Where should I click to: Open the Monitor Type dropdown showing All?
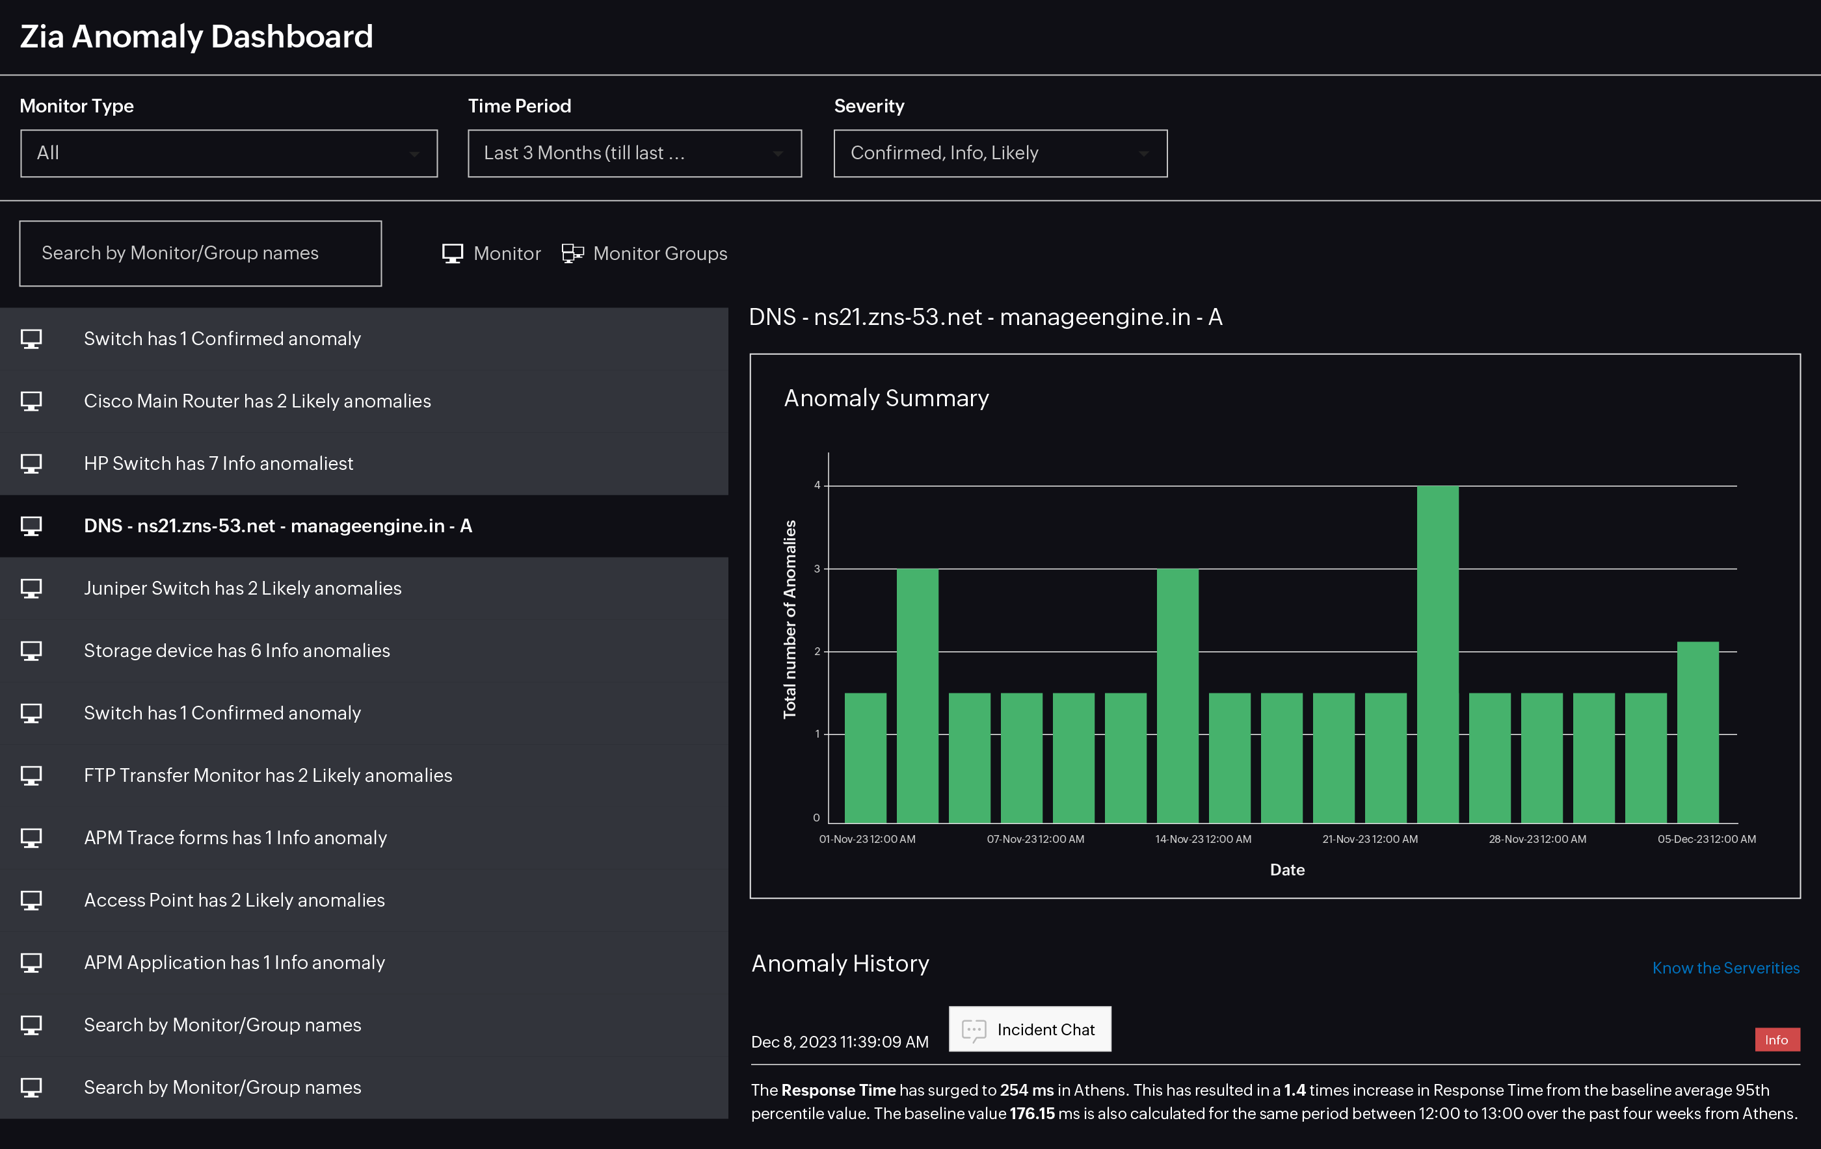click(228, 153)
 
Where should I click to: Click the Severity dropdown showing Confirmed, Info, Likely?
click(1000, 153)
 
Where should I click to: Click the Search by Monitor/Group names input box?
click(200, 253)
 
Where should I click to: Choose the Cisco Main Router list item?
click(257, 400)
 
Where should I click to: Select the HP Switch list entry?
click(219, 463)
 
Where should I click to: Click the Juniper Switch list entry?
click(242, 588)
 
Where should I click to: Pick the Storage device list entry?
click(237, 650)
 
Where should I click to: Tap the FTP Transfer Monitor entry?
click(268, 775)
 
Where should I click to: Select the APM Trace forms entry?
click(235, 838)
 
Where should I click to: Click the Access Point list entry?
click(234, 899)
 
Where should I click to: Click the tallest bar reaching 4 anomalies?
click(1437, 654)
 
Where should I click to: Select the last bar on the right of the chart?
click(1697, 732)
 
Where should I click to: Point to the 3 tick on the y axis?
click(817, 569)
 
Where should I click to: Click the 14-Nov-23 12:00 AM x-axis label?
click(1203, 839)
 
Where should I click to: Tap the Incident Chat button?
click(1030, 1029)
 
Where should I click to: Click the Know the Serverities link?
click(1725, 968)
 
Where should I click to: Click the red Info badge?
click(1776, 1040)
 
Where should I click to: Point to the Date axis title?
click(1287, 870)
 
